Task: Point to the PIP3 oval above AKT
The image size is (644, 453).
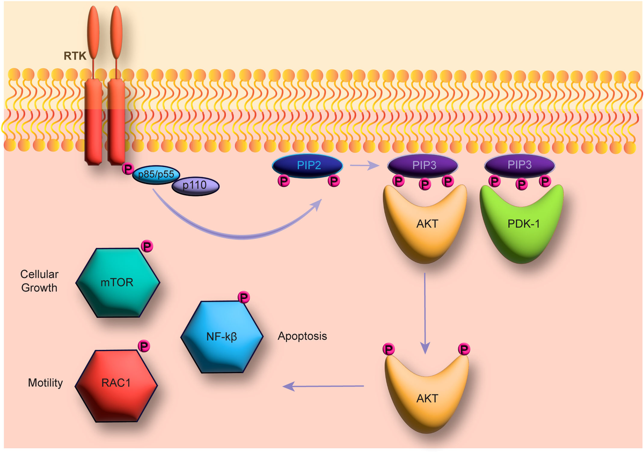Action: point(422,164)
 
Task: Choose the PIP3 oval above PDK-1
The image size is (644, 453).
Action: point(519,164)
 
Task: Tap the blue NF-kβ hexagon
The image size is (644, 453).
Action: point(222,337)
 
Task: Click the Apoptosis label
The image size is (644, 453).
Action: point(303,337)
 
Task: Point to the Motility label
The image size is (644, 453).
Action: point(46,383)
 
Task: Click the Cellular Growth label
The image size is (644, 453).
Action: point(39,280)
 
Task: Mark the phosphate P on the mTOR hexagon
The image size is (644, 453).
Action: point(147,246)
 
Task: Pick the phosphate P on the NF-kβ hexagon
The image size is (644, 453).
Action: point(244,297)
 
